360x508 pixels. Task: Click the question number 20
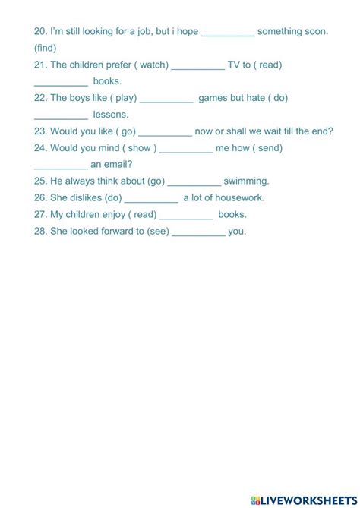41,32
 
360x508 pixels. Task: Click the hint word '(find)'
46,48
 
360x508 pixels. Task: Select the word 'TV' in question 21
234,65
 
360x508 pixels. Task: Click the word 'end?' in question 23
321,131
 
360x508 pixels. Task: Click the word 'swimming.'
246,181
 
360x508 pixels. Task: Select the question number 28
41,231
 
